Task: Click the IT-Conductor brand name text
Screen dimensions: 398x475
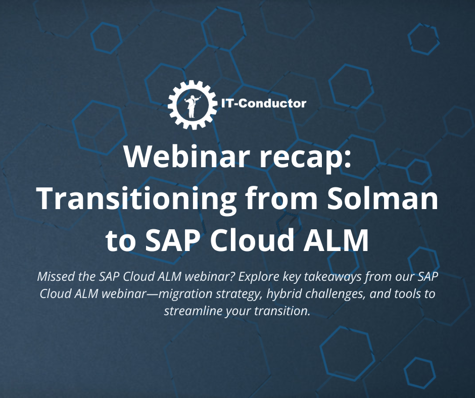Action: click(263, 104)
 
